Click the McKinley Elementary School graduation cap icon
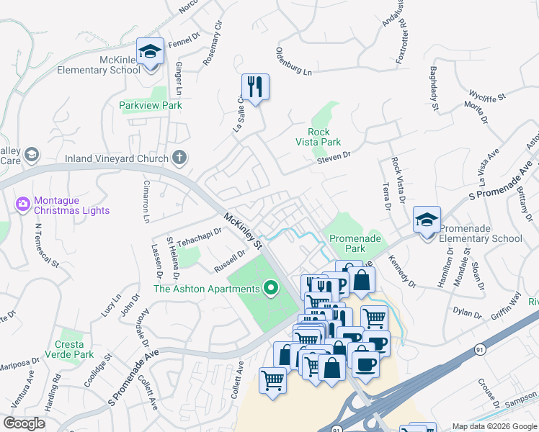(151, 52)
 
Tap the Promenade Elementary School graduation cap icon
(427, 220)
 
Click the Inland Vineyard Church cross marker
(179, 158)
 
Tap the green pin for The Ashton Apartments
(272, 289)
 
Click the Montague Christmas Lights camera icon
(23, 204)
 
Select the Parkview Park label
(151, 105)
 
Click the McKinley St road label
(243, 230)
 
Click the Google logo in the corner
(24, 423)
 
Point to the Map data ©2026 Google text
(494, 426)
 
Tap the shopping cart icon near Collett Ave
(272, 379)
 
